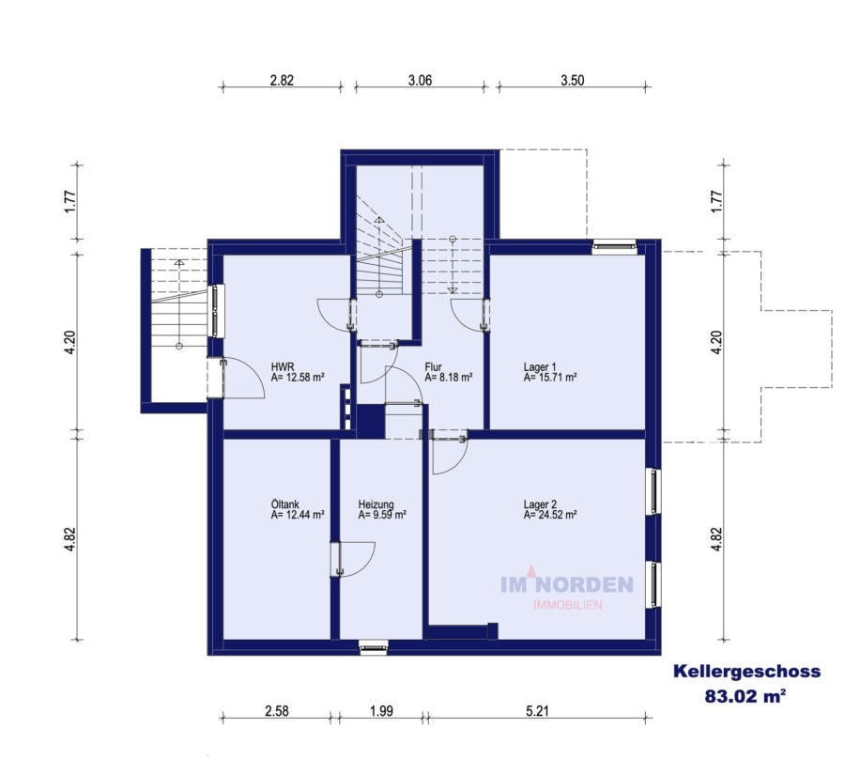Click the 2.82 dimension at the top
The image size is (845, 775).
(282, 81)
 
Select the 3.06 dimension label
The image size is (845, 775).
(420, 81)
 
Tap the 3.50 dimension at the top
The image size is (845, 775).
(573, 81)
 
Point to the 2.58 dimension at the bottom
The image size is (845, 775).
(276, 711)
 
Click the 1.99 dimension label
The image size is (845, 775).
(381, 711)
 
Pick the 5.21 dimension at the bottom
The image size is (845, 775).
(537, 711)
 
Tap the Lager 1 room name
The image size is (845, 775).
(540, 367)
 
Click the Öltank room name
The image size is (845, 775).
(285, 504)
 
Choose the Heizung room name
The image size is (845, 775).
(376, 504)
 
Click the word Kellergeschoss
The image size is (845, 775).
(747, 672)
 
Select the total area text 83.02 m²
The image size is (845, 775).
(745, 696)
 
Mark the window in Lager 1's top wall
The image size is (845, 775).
(614, 246)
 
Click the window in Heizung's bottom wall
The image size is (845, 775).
(374, 647)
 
